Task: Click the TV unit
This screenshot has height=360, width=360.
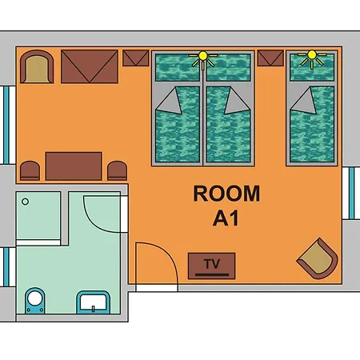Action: (x=211, y=266)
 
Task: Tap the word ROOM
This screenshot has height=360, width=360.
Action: (x=226, y=194)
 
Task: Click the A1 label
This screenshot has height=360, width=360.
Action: (x=226, y=218)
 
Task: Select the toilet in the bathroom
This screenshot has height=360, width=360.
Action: (x=35, y=300)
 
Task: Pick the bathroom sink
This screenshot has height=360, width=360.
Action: (x=94, y=302)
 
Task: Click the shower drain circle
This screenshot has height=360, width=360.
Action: (x=26, y=202)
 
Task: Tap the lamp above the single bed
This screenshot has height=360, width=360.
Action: (x=312, y=59)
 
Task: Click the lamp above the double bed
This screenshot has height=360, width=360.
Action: (x=203, y=60)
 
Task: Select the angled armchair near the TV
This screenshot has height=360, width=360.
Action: (x=318, y=258)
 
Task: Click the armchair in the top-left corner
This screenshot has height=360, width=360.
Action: (x=37, y=66)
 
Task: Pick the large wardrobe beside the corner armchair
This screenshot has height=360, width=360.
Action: (x=90, y=66)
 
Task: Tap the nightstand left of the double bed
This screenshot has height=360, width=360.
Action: (x=136, y=58)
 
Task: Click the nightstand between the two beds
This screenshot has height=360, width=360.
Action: (x=270, y=58)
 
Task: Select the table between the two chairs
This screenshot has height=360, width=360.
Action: (x=74, y=166)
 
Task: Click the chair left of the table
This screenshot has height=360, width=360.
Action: (x=30, y=170)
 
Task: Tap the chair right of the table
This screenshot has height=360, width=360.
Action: (x=117, y=170)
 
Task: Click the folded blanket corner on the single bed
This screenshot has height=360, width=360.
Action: (x=304, y=102)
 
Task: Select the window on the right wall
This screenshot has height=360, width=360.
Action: (x=351, y=193)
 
